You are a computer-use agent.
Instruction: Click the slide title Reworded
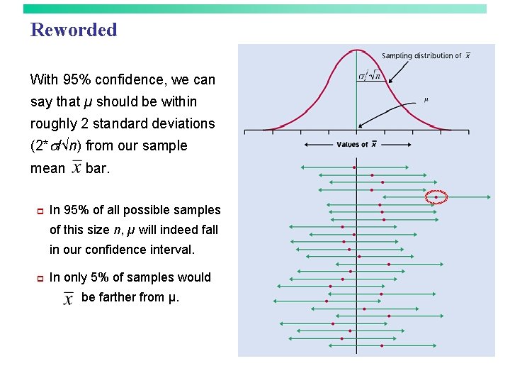point(74,30)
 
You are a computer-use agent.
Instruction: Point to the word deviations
point(182,123)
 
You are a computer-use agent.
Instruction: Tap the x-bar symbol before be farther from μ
point(68,298)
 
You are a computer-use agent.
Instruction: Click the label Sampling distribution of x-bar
point(426,56)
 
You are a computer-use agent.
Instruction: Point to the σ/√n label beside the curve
point(368,76)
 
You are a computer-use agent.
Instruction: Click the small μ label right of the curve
point(426,99)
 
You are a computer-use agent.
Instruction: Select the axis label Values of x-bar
point(356,145)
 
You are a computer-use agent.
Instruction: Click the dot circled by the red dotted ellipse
point(436,197)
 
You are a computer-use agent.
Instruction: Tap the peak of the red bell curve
point(356,50)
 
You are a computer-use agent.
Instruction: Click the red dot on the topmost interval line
point(354,167)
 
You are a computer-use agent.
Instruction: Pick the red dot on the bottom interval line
point(382,345)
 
